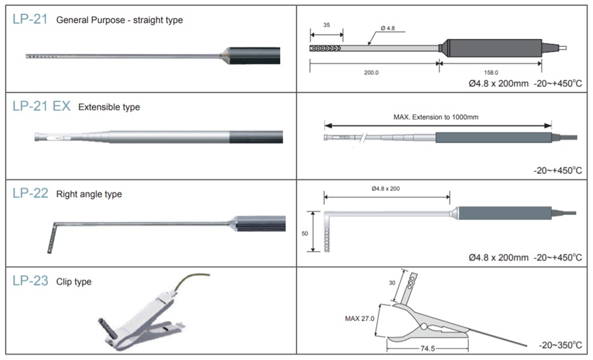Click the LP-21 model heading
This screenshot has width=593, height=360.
pos(30,20)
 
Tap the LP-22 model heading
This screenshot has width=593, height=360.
pos(30,194)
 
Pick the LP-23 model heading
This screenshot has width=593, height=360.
pos(30,282)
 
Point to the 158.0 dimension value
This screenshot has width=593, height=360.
pos(491,73)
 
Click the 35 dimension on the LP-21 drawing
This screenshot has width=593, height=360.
pos(326,25)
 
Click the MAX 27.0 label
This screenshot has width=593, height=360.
pos(360,318)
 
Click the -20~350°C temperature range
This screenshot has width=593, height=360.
pos(560,345)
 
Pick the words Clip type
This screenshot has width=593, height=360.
pos(74,282)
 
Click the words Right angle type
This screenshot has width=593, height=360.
pos(89,195)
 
